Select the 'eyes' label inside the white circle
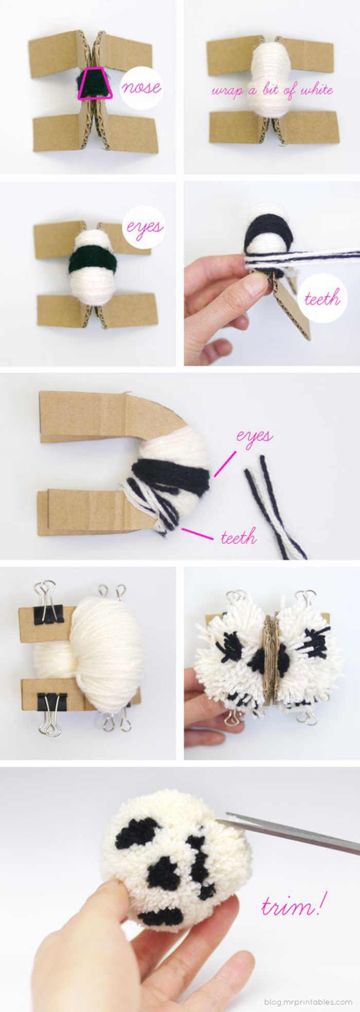145,227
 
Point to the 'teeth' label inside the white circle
322,298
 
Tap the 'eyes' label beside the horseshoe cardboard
255,436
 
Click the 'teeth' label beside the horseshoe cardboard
238,538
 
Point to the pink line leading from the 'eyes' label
225,463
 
